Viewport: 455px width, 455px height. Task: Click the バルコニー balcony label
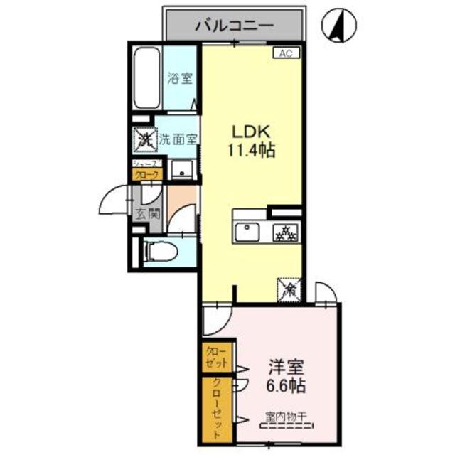234,26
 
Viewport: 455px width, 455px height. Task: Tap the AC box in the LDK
285,53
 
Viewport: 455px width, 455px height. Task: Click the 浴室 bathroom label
179,78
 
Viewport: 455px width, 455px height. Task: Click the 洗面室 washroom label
177,139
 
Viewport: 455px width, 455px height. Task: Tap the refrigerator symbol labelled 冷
289,288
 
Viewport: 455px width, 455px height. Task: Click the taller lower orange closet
217,409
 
